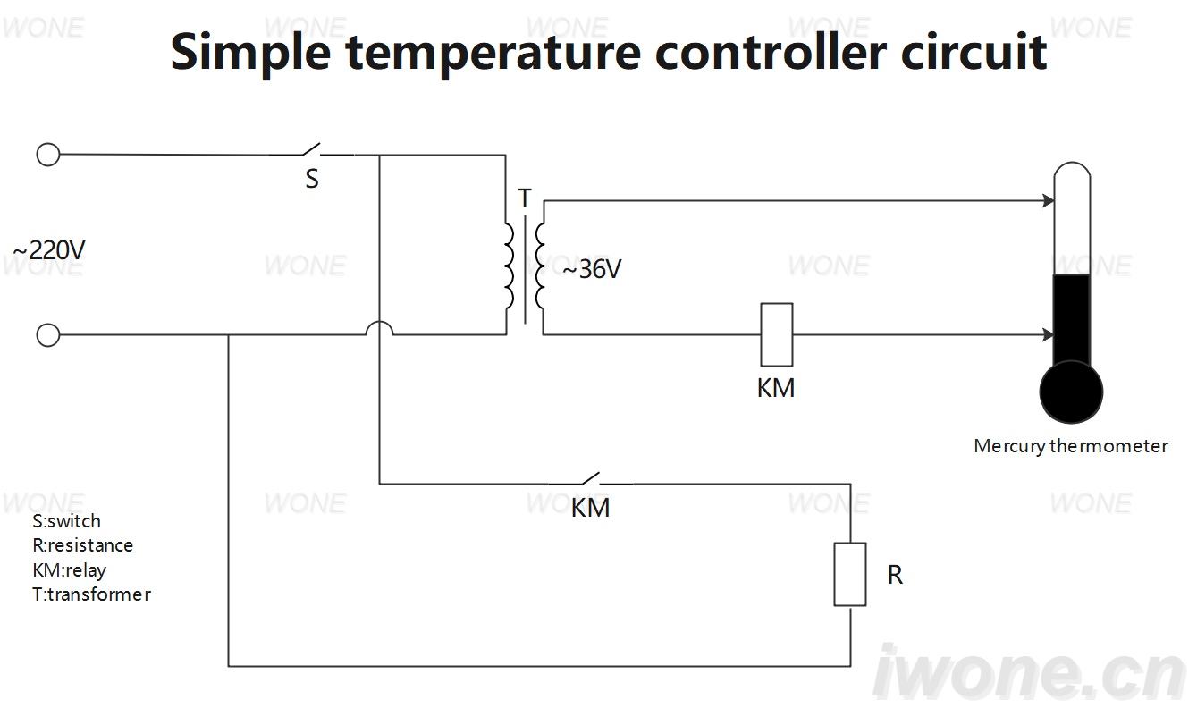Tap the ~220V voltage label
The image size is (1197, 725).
49,250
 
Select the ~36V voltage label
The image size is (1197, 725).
592,269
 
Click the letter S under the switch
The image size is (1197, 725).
312,179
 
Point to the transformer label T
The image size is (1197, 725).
525,198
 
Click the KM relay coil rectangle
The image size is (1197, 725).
777,334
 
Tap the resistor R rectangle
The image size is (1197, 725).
850,574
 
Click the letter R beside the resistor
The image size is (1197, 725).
895,575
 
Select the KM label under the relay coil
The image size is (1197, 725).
776,388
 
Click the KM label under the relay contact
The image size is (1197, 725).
591,508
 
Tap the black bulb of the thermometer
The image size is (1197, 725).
1072,392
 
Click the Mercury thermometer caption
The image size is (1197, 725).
1071,446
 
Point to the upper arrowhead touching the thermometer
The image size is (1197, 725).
1049,201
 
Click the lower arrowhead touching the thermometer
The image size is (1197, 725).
1049,335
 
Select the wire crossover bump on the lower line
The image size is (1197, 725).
379,322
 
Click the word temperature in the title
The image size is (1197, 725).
493,53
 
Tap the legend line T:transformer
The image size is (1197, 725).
91,594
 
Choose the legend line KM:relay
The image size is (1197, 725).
70,570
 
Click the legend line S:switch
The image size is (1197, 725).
66,521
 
